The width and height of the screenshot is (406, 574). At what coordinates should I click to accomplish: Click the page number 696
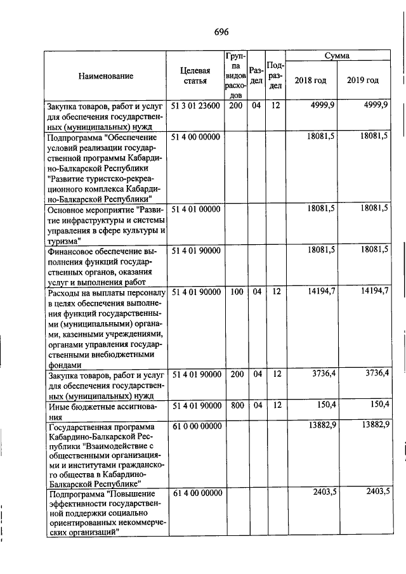coord(221,32)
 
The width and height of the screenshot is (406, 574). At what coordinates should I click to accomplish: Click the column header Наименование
coord(106,77)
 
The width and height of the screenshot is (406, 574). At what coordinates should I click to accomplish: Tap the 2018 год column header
coord(311,81)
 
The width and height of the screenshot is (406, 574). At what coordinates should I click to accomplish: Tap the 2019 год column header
coord(363,81)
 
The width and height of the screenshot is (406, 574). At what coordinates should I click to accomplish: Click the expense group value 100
coord(237,291)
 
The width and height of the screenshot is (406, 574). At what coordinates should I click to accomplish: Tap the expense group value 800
coord(237,404)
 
